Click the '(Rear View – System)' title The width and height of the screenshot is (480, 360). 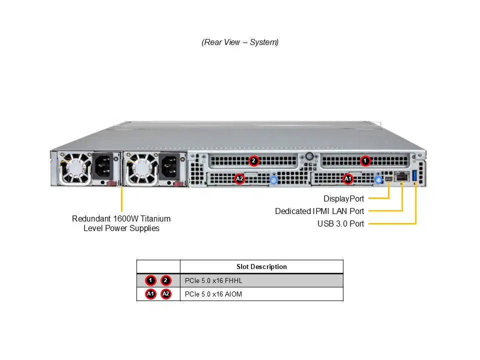pyautogui.click(x=240, y=42)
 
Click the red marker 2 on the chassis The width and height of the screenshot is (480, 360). pyautogui.click(x=254, y=161)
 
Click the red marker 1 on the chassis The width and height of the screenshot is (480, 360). pyautogui.click(x=365, y=161)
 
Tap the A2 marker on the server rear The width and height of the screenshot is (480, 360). pyautogui.click(x=239, y=178)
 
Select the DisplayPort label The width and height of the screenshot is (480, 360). pyautogui.click(x=343, y=198)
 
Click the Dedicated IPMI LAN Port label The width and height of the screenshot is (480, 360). pyautogui.click(x=319, y=211)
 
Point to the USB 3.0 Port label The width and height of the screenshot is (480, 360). pyautogui.click(x=340, y=223)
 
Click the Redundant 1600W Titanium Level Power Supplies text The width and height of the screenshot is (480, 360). pyautogui.click(x=121, y=223)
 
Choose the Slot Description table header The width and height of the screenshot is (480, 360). pyautogui.click(x=261, y=266)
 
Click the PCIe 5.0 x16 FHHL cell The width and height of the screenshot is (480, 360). pyautogui.click(x=213, y=280)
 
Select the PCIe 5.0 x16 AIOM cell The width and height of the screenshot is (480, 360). pyautogui.click(x=213, y=294)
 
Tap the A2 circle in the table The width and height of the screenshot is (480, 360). pyautogui.click(x=166, y=294)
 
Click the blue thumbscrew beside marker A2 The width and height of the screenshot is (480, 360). pyautogui.click(x=273, y=179)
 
